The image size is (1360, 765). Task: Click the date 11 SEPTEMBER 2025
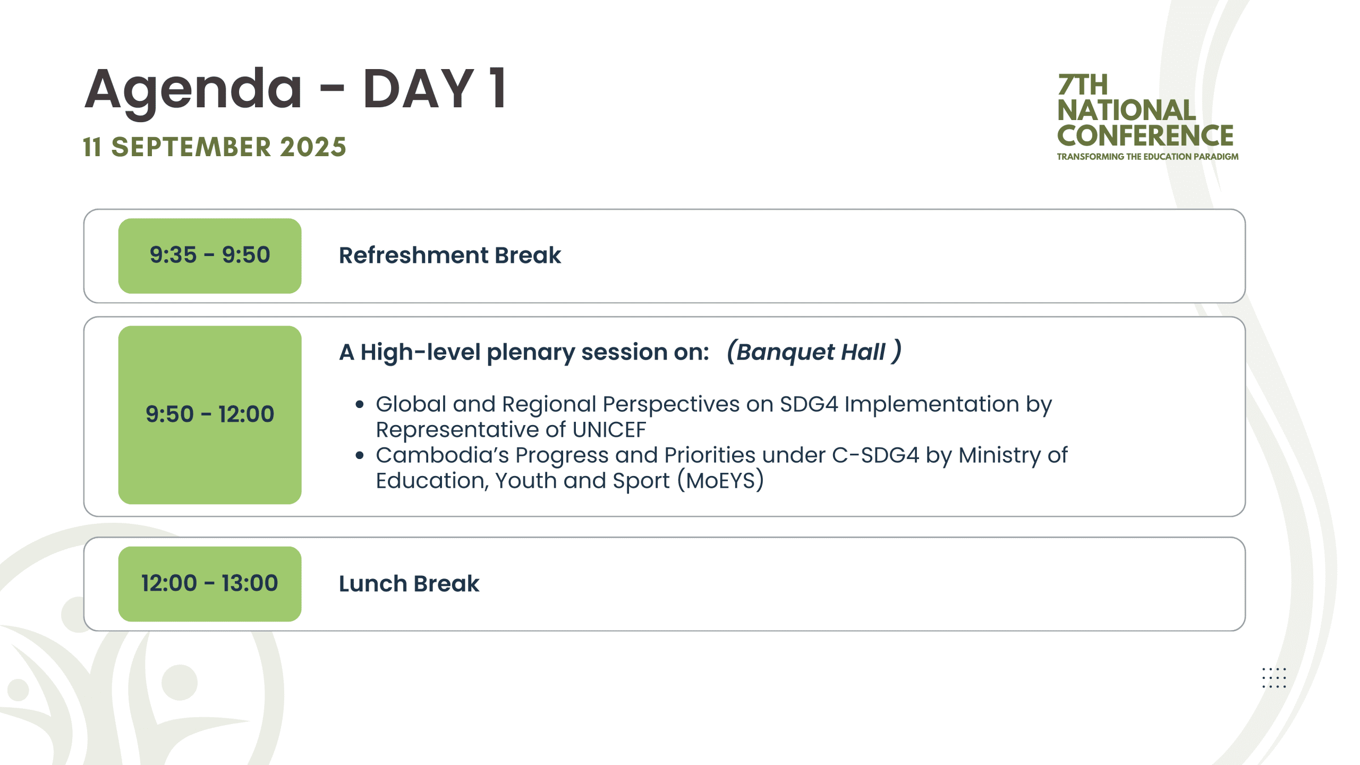[215, 147]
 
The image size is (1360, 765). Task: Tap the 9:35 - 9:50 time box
[210, 256]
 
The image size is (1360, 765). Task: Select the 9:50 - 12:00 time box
[210, 414]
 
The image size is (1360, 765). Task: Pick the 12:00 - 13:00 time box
[210, 584]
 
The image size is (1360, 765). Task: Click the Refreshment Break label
[450, 256]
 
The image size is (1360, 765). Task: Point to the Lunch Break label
[409, 584]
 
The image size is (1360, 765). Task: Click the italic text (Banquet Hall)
[814, 352]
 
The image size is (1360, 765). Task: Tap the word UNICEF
[609, 430]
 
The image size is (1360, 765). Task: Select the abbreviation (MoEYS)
[721, 481]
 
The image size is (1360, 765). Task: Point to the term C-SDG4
[875, 455]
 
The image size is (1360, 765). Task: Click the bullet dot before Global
[360, 405]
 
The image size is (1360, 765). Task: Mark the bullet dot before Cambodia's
[360, 456]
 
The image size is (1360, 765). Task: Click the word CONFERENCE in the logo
[1145, 136]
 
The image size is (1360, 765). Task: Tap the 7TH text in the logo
[1083, 85]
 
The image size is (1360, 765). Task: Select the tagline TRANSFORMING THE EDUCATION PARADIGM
[1147, 157]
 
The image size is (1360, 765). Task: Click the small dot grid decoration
[1274, 678]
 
